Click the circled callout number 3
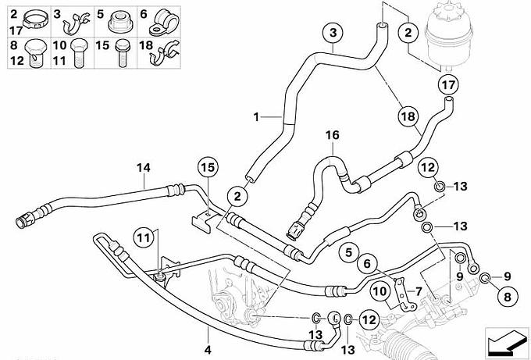click(333, 33)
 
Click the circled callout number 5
click(347, 251)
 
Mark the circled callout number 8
click(504, 297)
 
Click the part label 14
click(142, 166)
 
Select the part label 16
click(333, 135)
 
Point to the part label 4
click(208, 348)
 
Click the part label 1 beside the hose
click(255, 117)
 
